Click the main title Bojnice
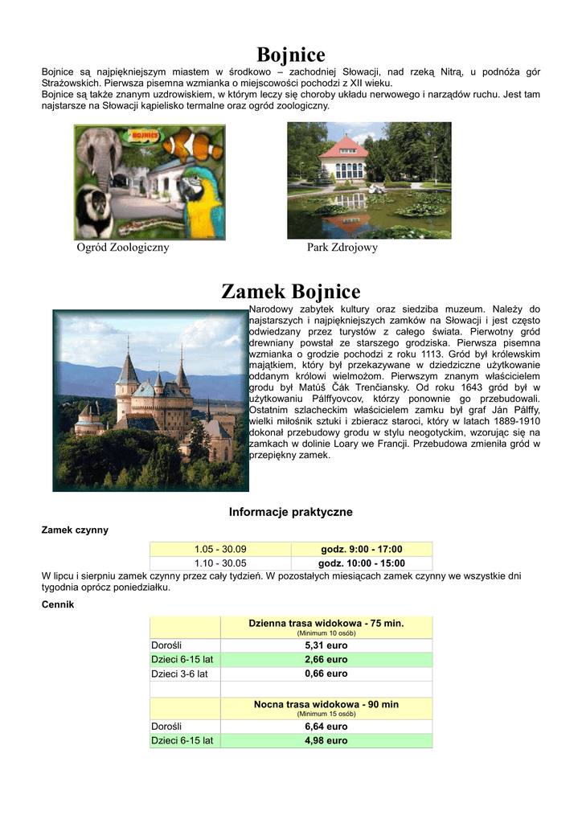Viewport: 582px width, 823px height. click(x=290, y=55)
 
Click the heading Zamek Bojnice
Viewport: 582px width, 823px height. click(x=290, y=291)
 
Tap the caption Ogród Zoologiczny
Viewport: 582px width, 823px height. click(x=123, y=248)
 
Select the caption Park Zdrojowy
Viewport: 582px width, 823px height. click(x=342, y=248)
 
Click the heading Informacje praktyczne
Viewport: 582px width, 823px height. click(x=290, y=512)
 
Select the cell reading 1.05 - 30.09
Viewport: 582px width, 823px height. click(x=220, y=549)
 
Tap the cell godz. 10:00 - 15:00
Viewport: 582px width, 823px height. click(x=363, y=563)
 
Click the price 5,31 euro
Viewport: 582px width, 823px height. click(x=326, y=645)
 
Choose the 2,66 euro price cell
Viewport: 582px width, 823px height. click(x=326, y=659)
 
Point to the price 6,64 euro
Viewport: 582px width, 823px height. click(x=326, y=726)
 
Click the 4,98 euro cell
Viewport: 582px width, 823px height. click(x=326, y=740)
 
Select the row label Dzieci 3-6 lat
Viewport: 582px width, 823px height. click(x=180, y=674)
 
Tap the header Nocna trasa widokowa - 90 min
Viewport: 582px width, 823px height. click(x=326, y=704)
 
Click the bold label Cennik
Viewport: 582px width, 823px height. click(x=58, y=604)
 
